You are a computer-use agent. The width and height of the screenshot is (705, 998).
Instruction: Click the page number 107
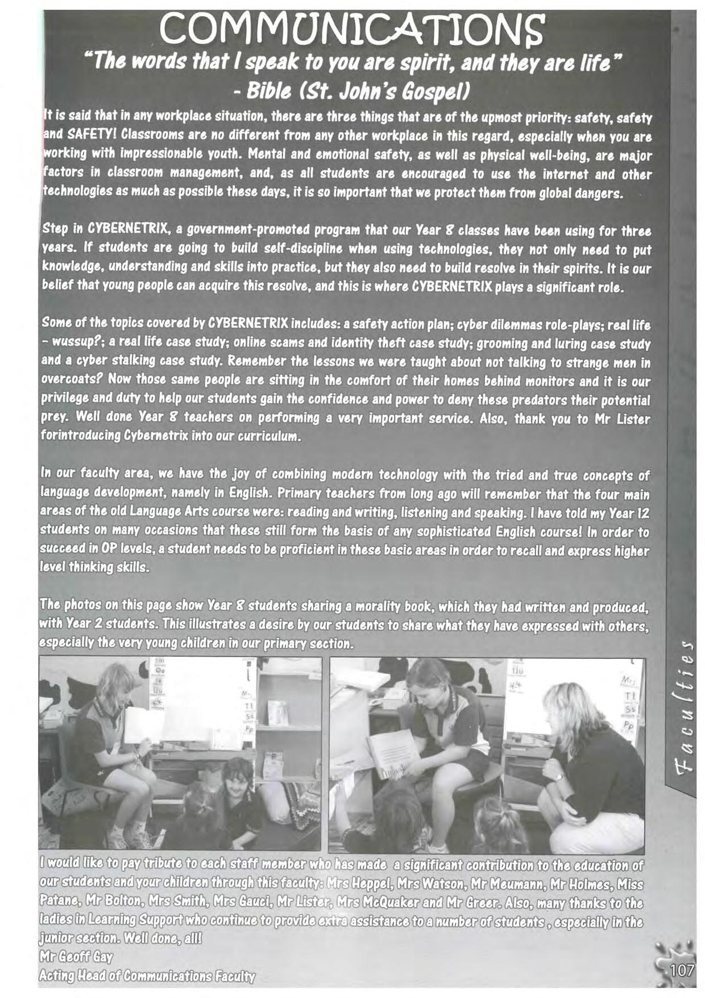click(682, 970)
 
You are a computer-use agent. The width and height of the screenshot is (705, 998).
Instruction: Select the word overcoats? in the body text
click(73, 380)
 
